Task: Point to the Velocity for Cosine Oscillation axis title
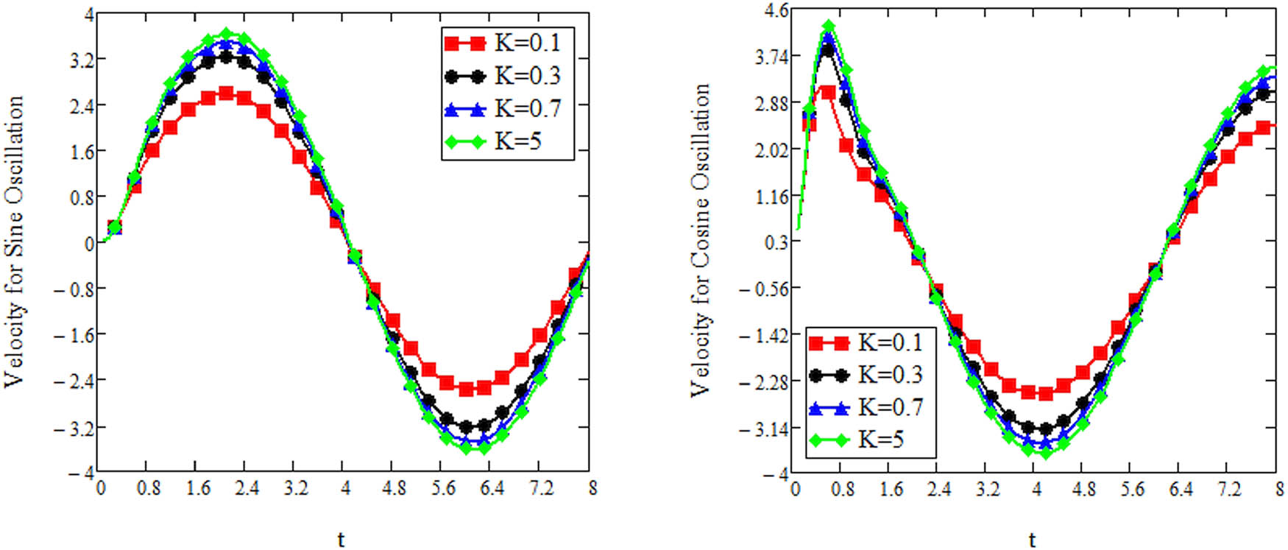pos(701,240)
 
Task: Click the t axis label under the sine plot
pos(341,540)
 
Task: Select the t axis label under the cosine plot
pos(1033,540)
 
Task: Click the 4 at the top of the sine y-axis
pos(89,13)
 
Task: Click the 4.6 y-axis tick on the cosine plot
pos(776,10)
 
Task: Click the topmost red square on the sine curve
pos(226,94)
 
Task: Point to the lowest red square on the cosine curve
pos(1045,394)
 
